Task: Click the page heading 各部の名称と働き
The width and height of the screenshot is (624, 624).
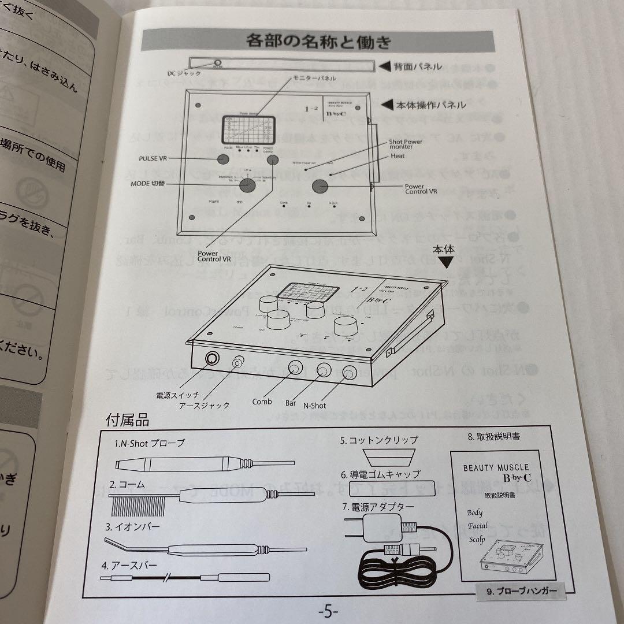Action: point(318,42)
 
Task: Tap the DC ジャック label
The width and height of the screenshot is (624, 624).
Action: point(184,73)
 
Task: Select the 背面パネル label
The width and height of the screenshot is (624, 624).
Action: point(417,66)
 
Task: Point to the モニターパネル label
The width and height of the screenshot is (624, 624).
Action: point(309,77)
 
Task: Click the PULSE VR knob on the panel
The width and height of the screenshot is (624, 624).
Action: point(224,158)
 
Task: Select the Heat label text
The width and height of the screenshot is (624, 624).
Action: point(398,156)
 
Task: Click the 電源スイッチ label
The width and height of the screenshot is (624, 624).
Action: point(177,396)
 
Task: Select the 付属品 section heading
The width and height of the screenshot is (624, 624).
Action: point(127,420)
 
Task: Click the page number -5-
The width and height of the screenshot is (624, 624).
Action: point(328,611)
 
